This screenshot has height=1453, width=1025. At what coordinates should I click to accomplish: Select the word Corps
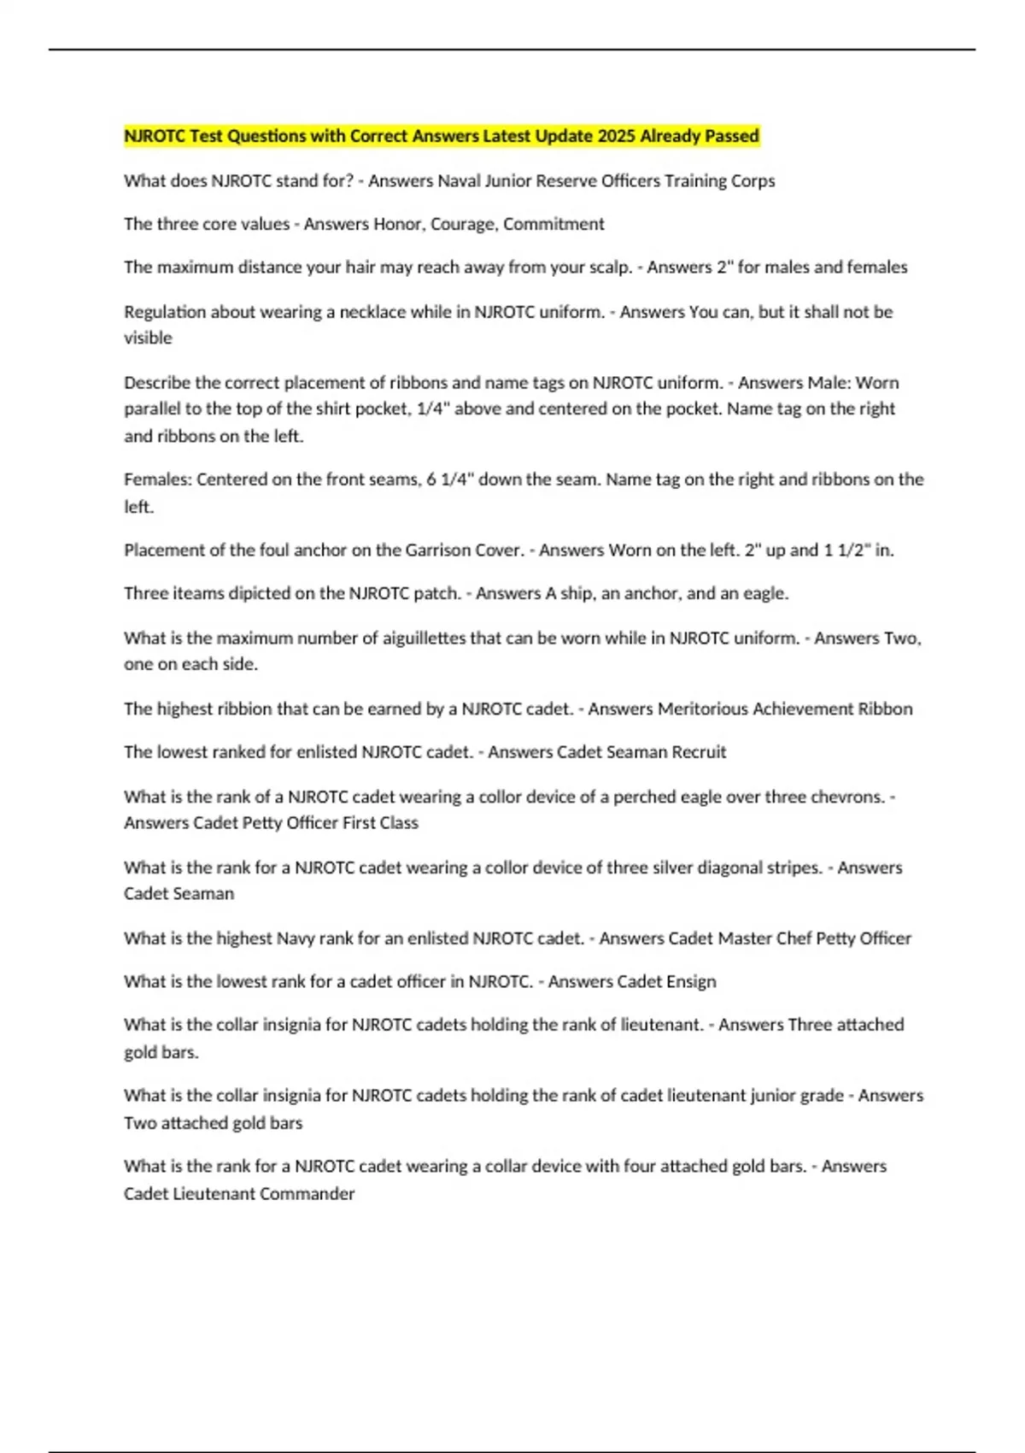point(753,181)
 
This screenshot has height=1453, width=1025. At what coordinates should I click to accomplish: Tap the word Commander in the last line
point(307,1194)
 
